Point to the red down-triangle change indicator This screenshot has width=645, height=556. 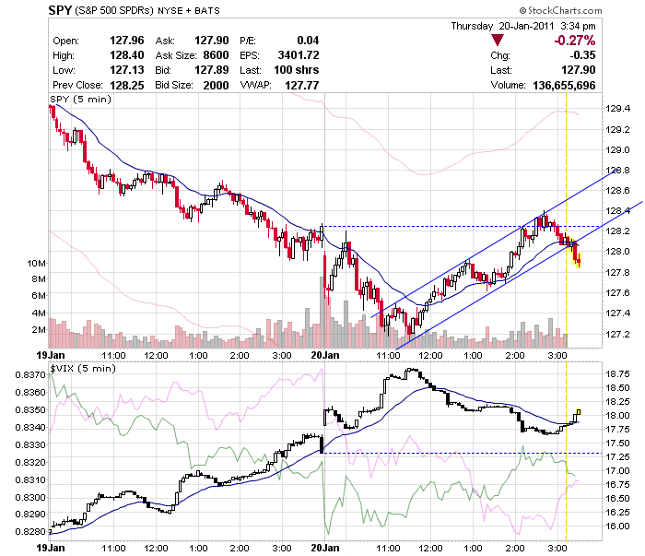[498, 41]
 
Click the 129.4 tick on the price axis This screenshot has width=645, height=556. [616, 108]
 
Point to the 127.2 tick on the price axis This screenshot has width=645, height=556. [616, 334]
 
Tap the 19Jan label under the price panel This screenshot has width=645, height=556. [49, 355]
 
